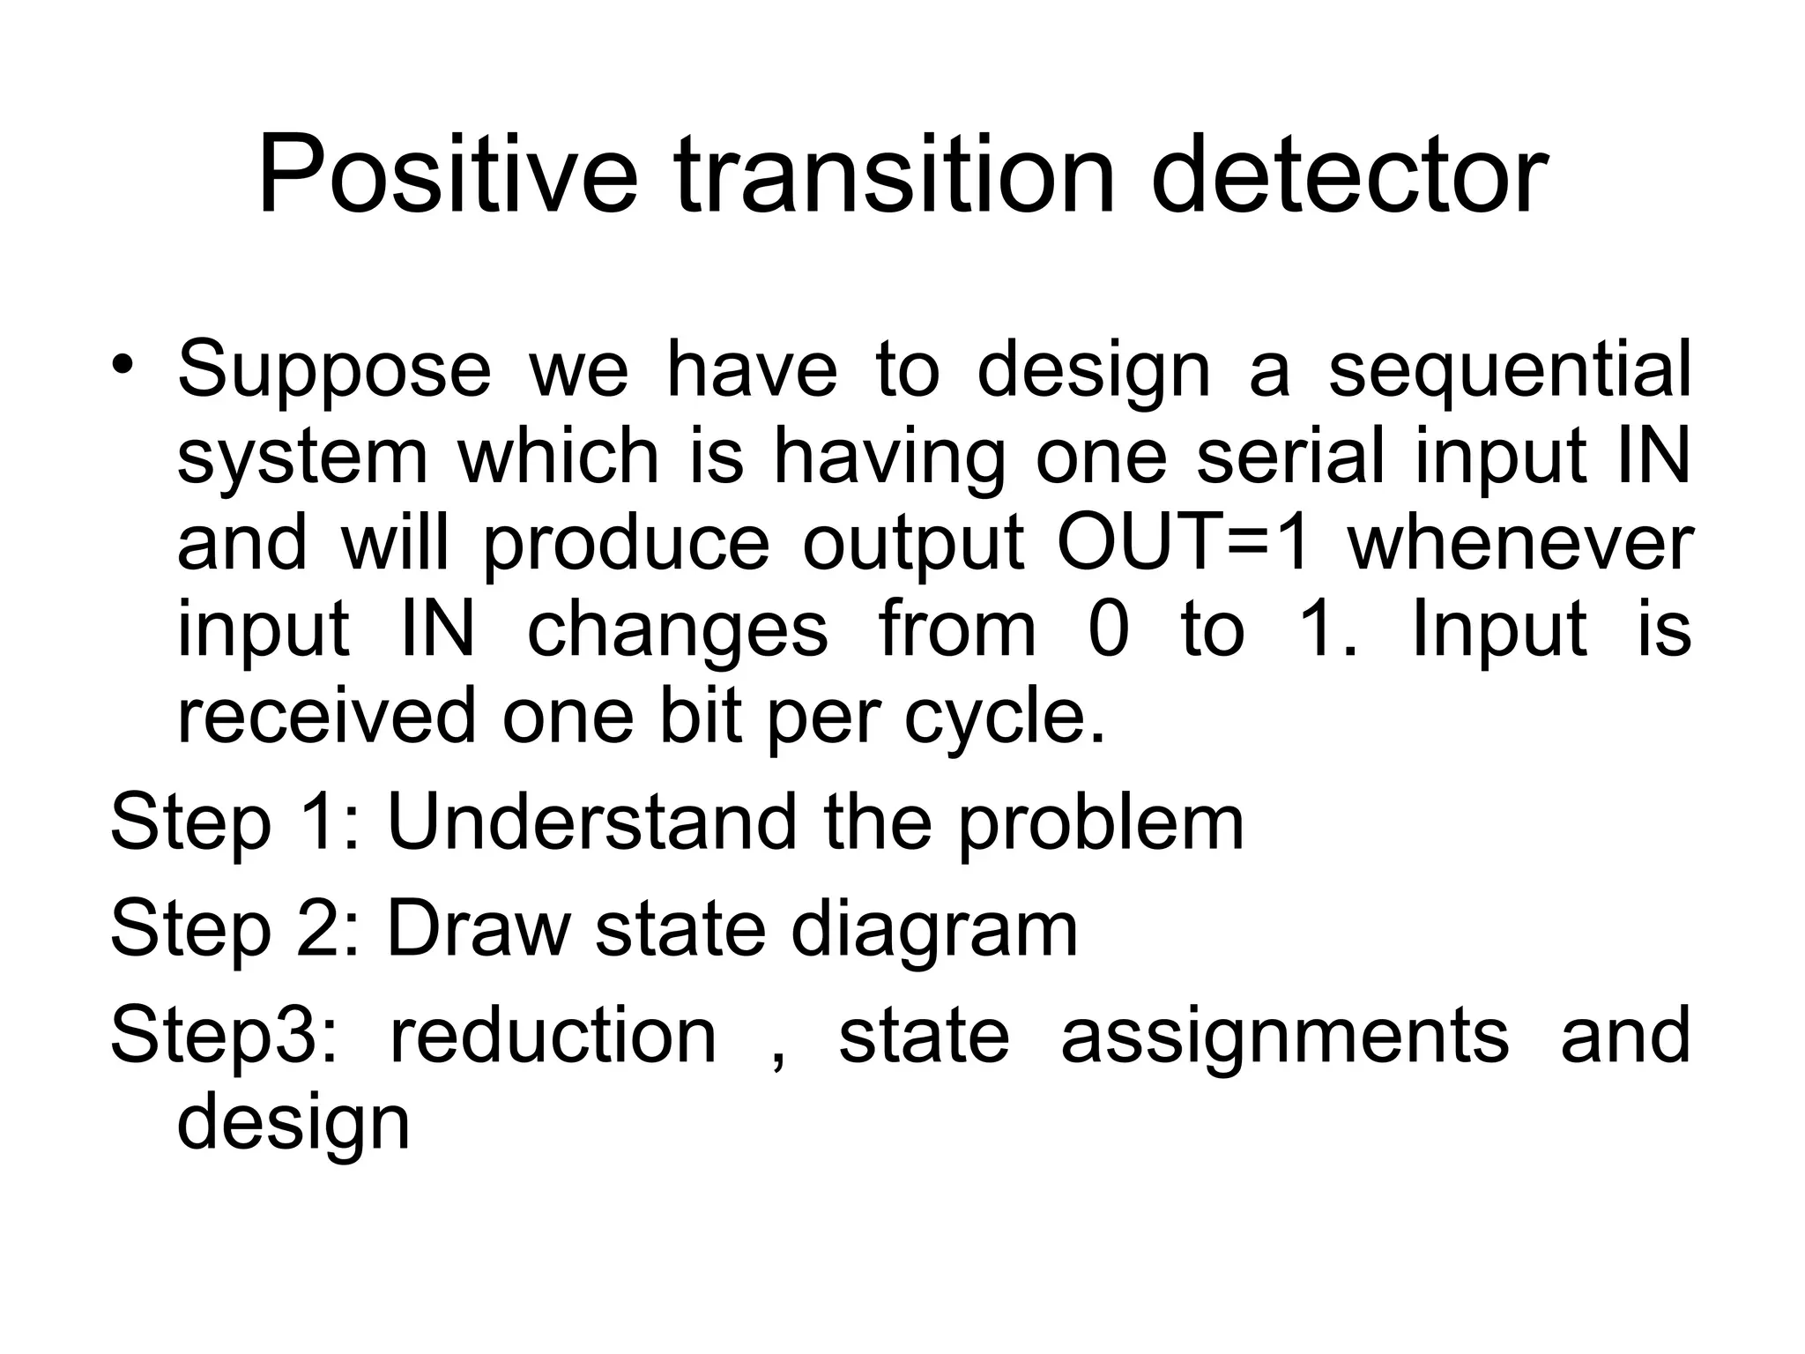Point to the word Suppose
point(334,370)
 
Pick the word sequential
point(1509,370)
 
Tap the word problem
point(1101,825)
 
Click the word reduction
point(553,1035)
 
